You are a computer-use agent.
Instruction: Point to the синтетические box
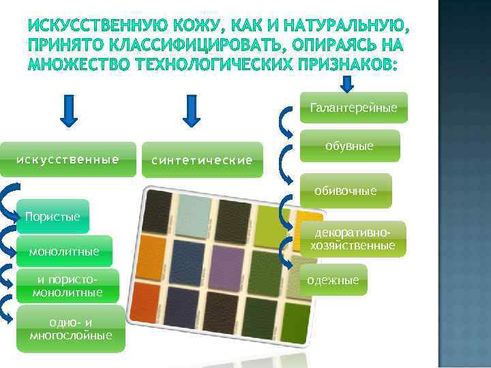point(202,160)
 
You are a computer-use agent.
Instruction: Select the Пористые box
point(53,217)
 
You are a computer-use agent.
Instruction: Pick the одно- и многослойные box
point(71,329)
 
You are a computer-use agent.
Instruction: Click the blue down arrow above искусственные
point(70,111)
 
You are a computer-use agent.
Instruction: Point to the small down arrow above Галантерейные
point(347,83)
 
